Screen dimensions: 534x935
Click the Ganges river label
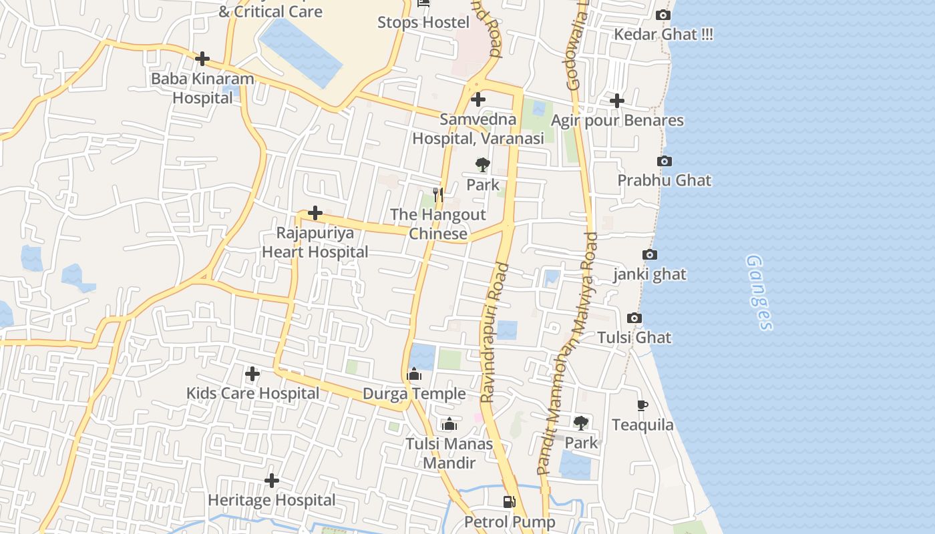759,292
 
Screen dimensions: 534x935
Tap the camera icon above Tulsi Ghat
634,318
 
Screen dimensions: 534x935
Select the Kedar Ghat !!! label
663,35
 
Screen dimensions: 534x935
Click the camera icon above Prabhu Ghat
665,161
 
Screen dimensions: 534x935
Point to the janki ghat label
650,274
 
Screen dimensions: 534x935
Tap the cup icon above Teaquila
642,405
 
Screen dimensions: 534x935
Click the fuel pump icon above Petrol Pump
510,501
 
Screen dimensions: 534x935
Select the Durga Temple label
414,394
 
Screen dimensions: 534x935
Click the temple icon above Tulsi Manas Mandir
449,425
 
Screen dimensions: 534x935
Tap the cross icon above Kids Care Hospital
252,374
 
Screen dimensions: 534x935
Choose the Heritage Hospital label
272,500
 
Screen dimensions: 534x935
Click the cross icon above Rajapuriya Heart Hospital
315,214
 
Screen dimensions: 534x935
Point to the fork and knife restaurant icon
438,194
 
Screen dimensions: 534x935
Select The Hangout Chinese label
438,224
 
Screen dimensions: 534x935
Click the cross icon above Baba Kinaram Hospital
202,59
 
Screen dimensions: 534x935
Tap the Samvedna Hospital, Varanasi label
478,129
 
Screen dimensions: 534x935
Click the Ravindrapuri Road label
495,332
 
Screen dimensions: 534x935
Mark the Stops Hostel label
423,22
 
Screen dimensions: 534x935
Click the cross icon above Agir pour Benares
617,101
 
